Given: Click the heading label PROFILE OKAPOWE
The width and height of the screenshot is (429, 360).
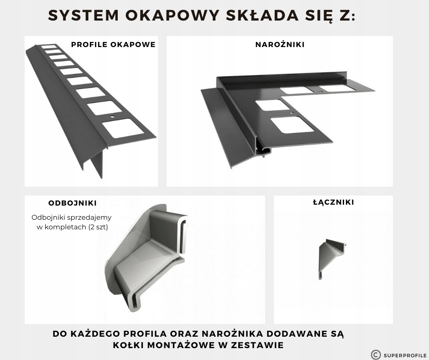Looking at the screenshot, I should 113,45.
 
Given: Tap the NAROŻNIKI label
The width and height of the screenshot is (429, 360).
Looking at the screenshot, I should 280,45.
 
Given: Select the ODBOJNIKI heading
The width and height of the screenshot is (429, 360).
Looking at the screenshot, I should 73,203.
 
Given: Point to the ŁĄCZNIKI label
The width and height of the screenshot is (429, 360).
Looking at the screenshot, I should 333,202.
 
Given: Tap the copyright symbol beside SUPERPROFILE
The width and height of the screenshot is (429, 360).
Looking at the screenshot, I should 376,355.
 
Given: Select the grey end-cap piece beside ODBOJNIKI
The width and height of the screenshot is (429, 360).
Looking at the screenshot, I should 146,259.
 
